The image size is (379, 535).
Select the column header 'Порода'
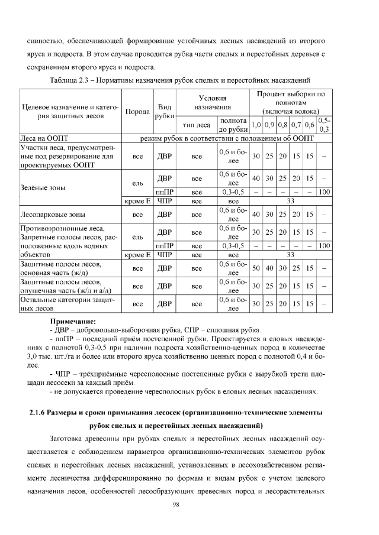pos(136,112)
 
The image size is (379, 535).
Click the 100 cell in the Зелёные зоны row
pos(324,192)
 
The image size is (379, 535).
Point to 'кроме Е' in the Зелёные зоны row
pos(136,202)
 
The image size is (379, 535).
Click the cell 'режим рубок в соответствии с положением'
pos(226,138)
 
